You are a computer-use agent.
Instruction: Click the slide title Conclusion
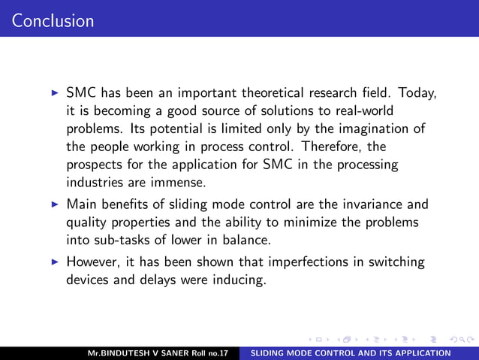coord(53,20)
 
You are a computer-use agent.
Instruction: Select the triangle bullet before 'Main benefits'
coord(53,204)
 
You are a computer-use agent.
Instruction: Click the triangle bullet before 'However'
coord(53,263)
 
